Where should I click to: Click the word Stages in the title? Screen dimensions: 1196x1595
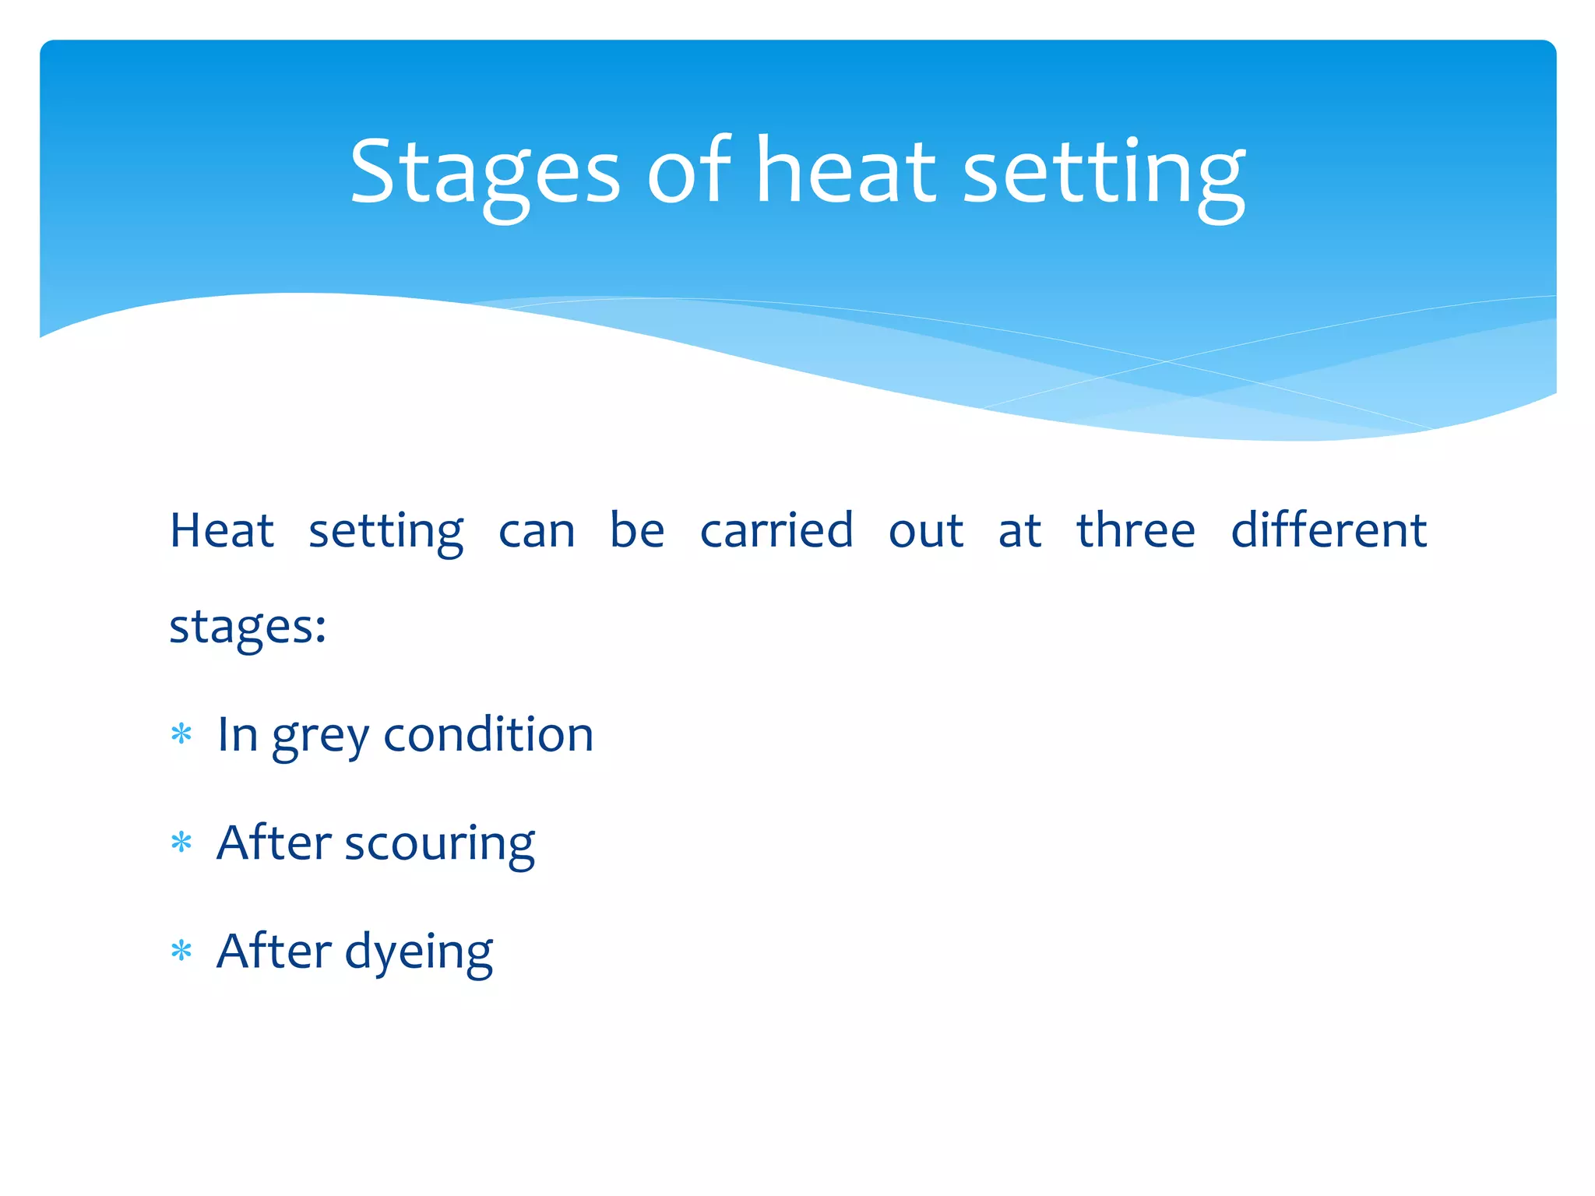tap(484, 173)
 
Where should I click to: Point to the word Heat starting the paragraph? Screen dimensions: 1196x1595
tap(222, 531)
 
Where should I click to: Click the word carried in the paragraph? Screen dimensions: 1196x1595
tap(776, 531)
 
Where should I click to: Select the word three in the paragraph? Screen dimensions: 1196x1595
tap(1136, 531)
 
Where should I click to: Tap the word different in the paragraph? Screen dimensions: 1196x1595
tap(1329, 531)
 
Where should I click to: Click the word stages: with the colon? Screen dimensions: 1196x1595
tap(248, 628)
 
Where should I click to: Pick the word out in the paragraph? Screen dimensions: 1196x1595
tap(926, 533)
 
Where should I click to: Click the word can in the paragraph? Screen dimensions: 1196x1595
tap(537, 533)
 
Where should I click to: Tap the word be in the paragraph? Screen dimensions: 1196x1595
tap(637, 531)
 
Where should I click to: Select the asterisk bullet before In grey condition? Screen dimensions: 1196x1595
tap(181, 734)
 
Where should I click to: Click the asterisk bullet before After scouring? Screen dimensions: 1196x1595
tap(181, 842)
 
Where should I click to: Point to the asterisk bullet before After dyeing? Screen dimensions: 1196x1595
tap(181, 951)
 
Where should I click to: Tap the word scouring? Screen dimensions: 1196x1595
tap(440, 845)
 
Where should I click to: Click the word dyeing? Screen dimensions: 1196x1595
tap(419, 953)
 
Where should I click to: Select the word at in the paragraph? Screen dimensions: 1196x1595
tap(1019, 533)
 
